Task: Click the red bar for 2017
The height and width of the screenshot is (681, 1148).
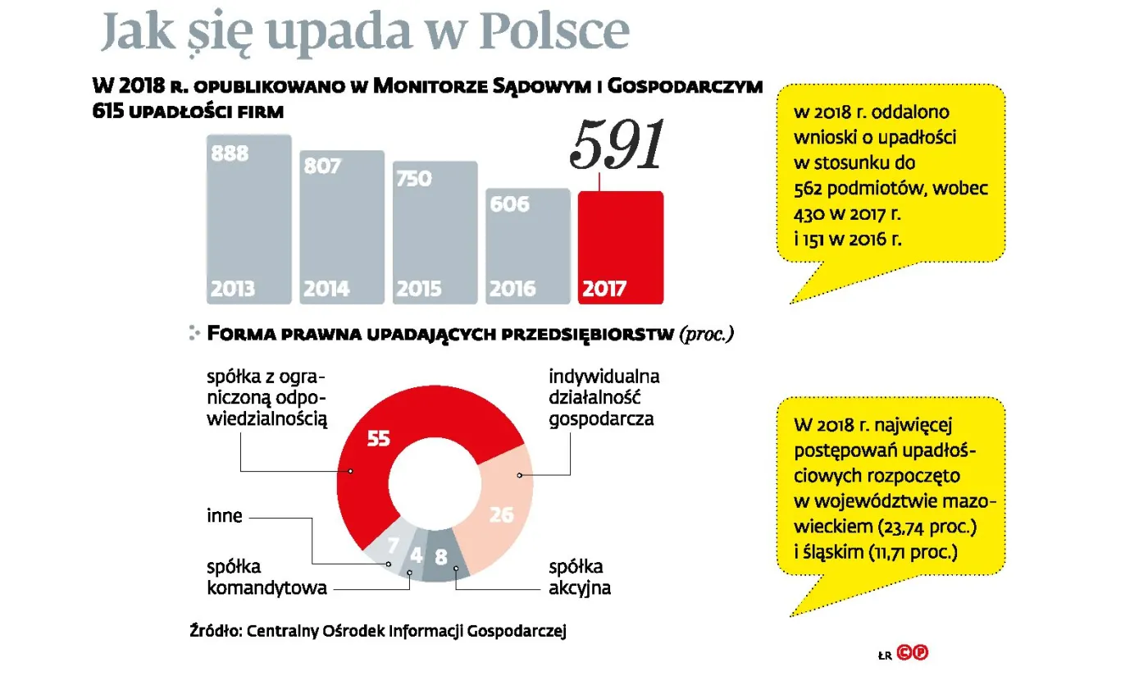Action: point(620,246)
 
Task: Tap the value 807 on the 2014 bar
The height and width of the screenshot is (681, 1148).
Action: point(321,166)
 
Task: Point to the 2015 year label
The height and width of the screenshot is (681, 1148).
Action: point(418,289)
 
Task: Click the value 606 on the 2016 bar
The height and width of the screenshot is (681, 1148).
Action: point(510,203)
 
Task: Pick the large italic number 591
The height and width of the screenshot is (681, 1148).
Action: point(617,146)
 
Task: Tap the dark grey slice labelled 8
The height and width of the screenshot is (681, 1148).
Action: point(440,558)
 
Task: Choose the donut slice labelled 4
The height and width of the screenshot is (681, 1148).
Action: point(416,555)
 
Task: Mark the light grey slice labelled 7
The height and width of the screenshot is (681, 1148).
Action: point(391,546)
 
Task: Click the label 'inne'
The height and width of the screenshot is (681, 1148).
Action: point(224,517)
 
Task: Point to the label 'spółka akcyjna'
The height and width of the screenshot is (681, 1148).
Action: point(579,577)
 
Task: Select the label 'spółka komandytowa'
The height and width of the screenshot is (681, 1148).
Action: point(266,577)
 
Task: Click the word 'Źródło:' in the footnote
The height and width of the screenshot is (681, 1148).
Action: point(215,631)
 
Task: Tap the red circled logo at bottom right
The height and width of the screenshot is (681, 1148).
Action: point(912,653)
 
